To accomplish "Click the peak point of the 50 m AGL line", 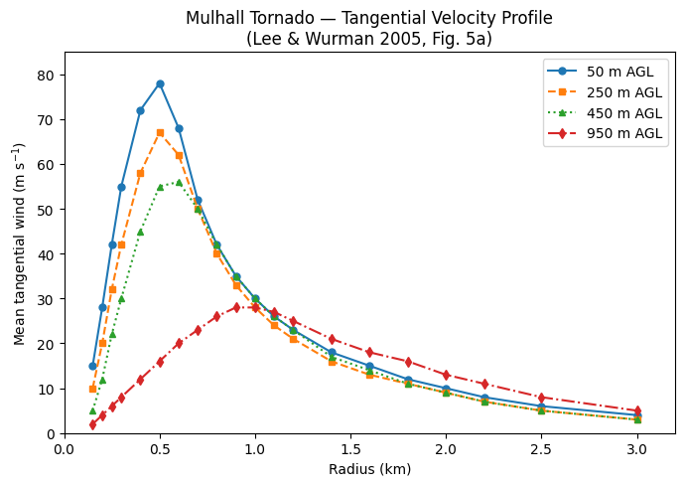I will tap(160, 83).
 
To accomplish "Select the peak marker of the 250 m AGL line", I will tap(160, 132).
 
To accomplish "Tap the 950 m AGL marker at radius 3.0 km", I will tap(637, 410).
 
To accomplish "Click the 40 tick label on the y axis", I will tap(48, 253).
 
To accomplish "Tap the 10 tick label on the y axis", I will tap(48, 389).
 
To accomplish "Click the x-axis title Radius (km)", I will tap(369, 469).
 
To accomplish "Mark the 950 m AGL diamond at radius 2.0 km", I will tap(446, 375).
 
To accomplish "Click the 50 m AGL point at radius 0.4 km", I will tap(140, 110).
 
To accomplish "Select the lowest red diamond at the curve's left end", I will tap(92, 424).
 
